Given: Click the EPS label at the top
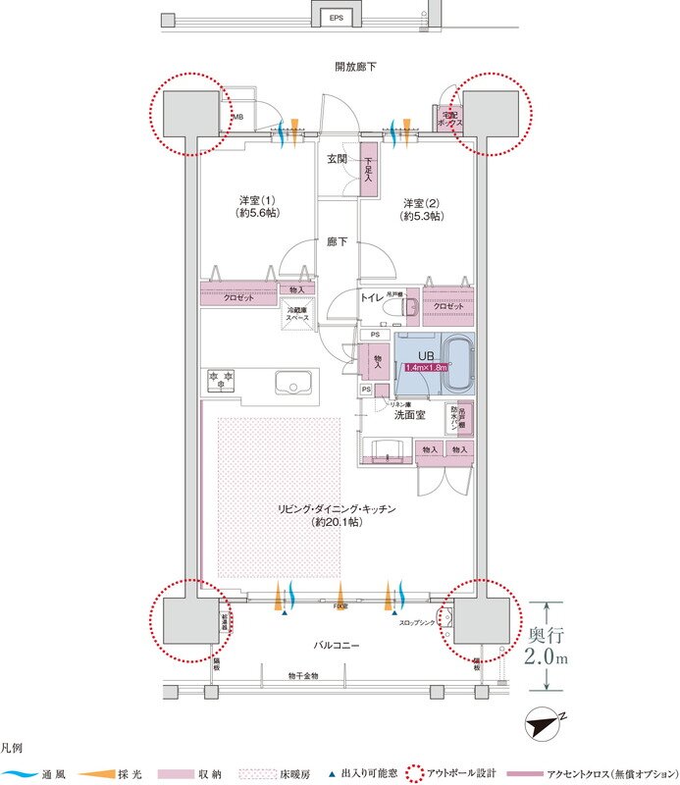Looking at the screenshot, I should pos(336,18).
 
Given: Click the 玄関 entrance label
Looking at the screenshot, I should pos(336,160).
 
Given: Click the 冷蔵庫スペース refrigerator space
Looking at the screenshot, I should pos(297,312).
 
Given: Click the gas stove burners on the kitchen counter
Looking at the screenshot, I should pos(221,377).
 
